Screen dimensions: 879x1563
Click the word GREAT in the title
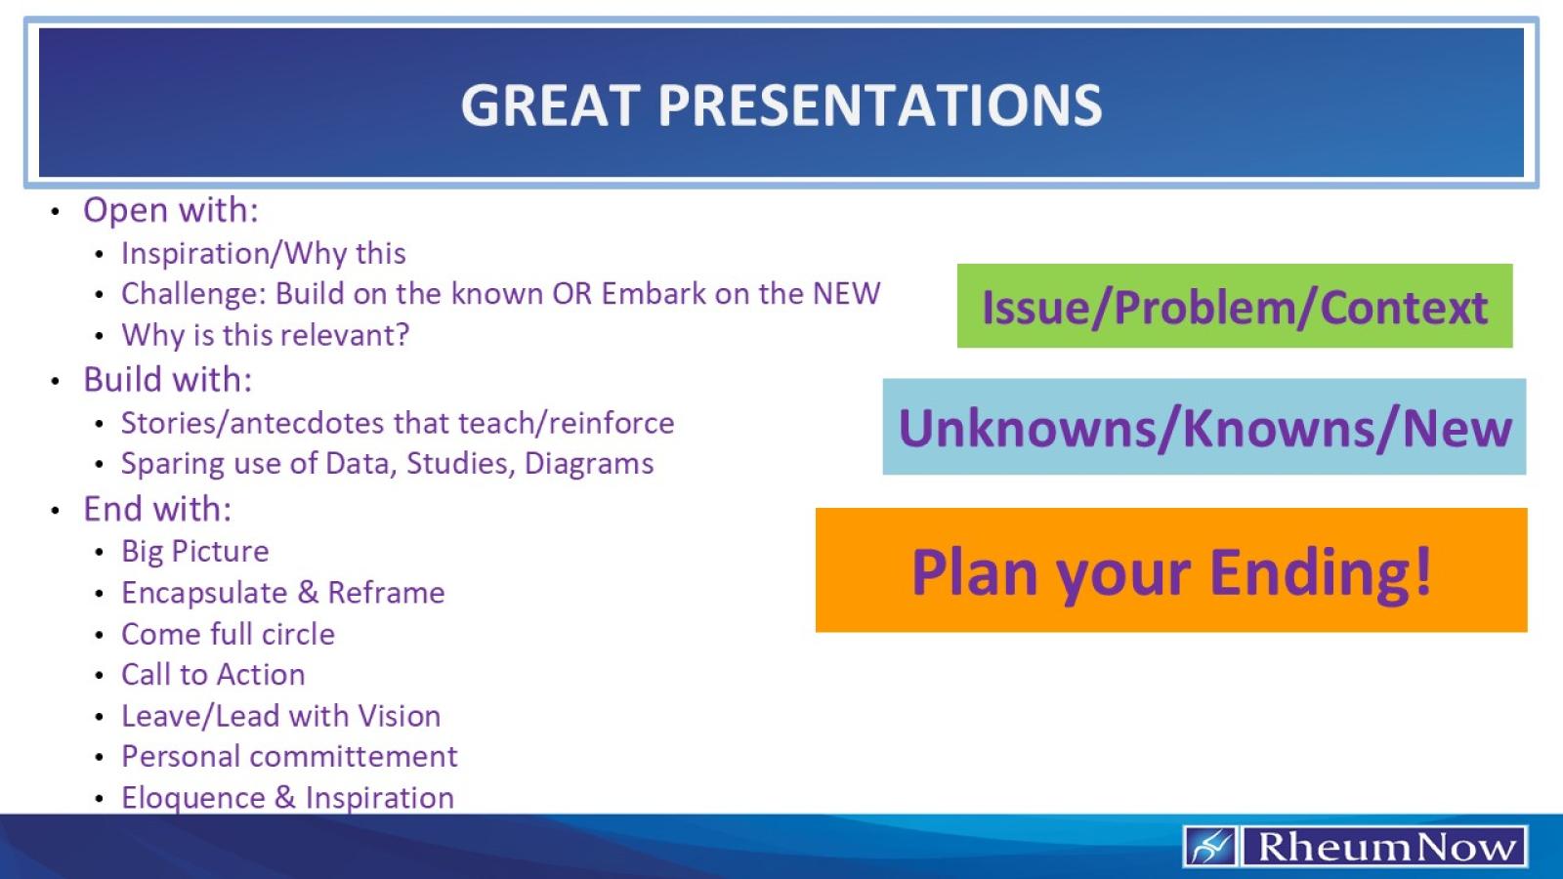549,105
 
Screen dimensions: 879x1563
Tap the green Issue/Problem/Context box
1234,307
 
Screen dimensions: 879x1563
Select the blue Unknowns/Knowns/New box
1204,428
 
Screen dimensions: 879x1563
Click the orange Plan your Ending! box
1170,571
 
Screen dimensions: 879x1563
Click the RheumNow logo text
1385,847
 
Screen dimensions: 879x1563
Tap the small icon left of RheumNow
1210,847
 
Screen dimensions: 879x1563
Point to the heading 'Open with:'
171,211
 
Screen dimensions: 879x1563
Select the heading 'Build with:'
167,380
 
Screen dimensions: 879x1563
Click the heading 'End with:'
157,510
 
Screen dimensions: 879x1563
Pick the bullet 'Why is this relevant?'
265,336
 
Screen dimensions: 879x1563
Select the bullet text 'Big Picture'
194,552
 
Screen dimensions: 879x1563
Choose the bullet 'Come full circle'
228,635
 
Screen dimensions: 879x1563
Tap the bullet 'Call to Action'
213,675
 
